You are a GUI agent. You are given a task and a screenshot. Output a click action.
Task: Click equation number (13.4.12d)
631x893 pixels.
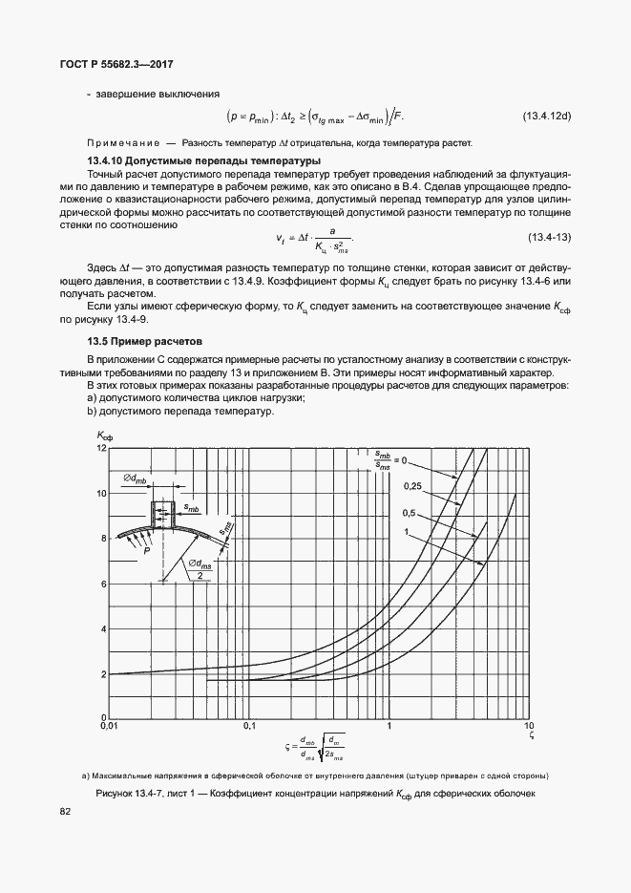click(x=546, y=117)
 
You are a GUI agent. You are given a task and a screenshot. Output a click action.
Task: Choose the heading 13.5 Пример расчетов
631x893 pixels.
click(x=135, y=340)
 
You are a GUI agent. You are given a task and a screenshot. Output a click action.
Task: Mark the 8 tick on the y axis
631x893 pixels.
click(x=103, y=539)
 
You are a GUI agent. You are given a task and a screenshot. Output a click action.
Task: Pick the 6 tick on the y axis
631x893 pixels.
click(x=103, y=584)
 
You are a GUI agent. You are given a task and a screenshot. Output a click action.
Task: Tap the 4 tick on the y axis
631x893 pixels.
click(x=103, y=629)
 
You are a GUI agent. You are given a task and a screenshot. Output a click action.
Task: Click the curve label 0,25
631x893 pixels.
click(x=412, y=486)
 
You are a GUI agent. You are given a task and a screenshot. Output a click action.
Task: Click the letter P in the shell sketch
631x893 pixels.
click(x=147, y=551)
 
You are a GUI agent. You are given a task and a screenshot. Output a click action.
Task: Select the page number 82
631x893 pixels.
click(x=66, y=811)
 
